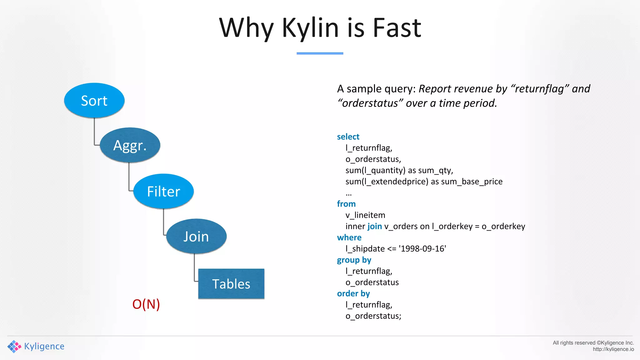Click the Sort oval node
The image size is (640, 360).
tap(94, 101)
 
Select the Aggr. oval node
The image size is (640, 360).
tap(130, 145)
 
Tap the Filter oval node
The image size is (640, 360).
tap(163, 191)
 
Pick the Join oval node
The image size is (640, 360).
tap(196, 237)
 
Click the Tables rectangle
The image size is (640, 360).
tap(231, 284)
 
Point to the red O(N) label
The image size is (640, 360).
tap(146, 304)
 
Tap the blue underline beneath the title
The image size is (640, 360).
tap(320, 53)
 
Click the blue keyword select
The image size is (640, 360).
tap(348, 137)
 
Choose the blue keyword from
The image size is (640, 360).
tap(346, 204)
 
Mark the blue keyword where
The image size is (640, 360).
tap(349, 237)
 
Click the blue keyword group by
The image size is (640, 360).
tap(354, 260)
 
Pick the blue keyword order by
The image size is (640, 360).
tap(353, 293)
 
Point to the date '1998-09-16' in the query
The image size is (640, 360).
tap(422, 249)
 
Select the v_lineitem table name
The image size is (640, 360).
tap(365, 215)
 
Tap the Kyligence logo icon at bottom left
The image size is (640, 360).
tap(14, 346)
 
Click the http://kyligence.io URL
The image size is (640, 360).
tap(613, 349)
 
